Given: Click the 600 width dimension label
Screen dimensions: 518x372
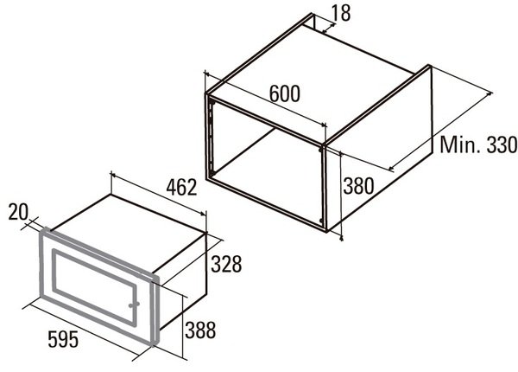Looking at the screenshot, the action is (285, 93).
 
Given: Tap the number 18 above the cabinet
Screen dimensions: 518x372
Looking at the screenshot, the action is (340, 13).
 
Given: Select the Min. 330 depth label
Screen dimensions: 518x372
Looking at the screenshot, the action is (478, 144).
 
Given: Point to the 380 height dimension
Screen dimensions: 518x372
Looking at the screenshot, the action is (358, 186).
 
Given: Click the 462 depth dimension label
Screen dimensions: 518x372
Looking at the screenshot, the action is (181, 187).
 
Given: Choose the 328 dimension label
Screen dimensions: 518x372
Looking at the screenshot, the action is (226, 264).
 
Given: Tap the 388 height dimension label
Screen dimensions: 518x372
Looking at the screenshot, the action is (200, 330).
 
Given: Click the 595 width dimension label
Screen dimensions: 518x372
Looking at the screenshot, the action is (63, 339).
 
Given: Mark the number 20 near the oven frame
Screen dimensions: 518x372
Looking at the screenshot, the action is (18, 212).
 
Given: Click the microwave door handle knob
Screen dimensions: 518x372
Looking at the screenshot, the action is (134, 305).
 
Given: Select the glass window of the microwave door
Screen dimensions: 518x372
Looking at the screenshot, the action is (94, 286).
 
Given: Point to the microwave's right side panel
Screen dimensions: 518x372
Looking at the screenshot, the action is (182, 281).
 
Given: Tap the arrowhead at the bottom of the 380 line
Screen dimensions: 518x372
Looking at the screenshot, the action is (342, 236).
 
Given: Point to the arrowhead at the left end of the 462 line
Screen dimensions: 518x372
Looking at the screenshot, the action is (113, 174).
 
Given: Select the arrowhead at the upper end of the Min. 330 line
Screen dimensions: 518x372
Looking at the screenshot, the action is (490, 94).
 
